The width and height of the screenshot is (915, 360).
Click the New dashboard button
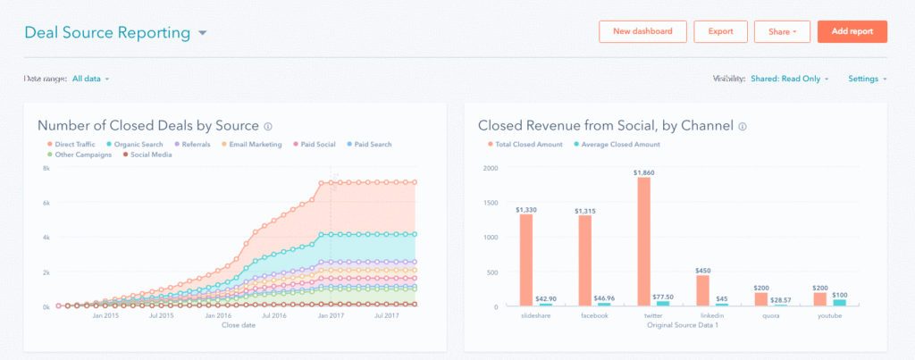[x=642, y=31]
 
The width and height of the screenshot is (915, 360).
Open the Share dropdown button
[x=781, y=31]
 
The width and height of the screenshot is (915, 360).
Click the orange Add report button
[x=852, y=31]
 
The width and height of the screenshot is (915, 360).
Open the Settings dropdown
[x=867, y=79]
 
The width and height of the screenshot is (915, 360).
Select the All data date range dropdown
[x=90, y=79]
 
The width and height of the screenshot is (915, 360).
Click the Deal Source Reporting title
[x=107, y=33]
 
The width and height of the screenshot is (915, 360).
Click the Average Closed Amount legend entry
[x=619, y=144]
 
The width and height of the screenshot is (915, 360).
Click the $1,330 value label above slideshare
[x=526, y=208]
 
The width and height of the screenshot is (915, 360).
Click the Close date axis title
[x=239, y=325]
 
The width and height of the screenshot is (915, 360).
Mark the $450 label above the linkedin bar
[x=702, y=271]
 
